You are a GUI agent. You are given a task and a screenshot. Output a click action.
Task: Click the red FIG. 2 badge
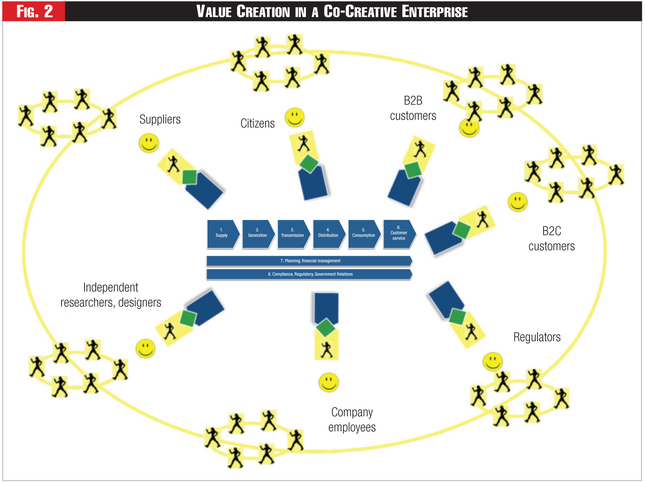[34, 12]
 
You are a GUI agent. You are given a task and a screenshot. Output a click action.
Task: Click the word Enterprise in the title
[435, 12]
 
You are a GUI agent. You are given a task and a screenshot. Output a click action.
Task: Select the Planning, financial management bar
[309, 261]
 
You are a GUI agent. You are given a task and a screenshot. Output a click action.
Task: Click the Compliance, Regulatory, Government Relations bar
[309, 274]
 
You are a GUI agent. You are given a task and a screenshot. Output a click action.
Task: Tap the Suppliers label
[160, 119]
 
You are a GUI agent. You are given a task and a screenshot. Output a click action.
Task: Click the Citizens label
[258, 123]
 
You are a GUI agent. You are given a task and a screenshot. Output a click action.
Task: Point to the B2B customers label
[413, 108]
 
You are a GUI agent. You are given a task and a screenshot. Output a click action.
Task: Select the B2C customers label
[551, 238]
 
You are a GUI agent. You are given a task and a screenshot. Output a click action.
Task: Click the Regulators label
[537, 337]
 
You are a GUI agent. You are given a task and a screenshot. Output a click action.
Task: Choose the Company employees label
[352, 420]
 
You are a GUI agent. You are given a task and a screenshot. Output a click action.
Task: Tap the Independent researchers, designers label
[111, 295]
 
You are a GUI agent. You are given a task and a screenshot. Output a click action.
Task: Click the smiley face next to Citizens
[295, 117]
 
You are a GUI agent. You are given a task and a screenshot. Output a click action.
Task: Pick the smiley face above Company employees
[329, 382]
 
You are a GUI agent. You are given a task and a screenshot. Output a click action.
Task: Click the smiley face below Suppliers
[149, 143]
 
